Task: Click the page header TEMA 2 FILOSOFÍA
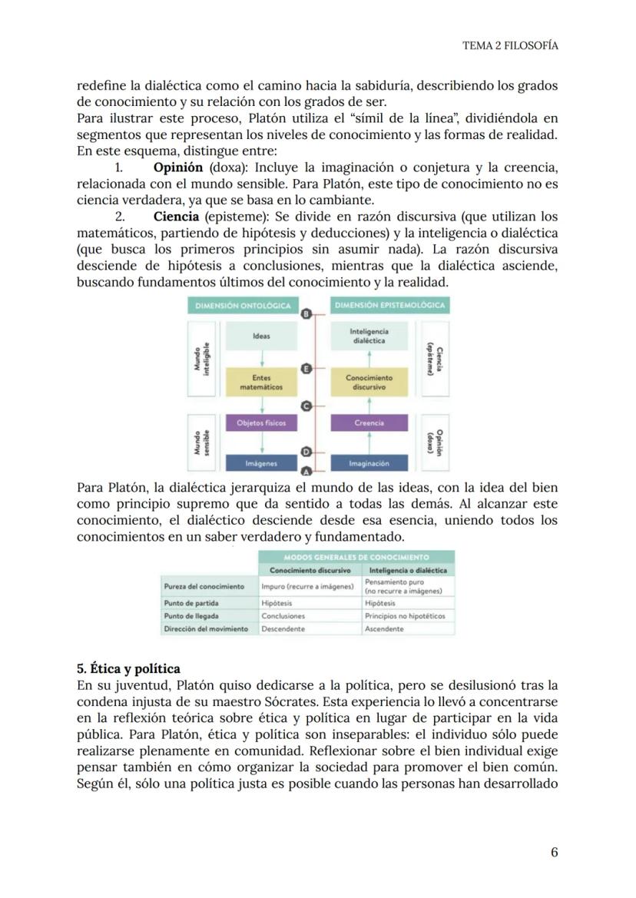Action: coord(510,45)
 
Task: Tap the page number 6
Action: coord(554,853)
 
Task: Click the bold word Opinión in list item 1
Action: coord(178,167)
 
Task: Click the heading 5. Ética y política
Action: coord(129,668)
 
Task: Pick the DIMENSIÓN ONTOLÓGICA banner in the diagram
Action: coord(243,306)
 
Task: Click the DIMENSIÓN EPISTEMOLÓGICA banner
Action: coord(390,306)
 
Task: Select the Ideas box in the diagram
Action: coord(261,336)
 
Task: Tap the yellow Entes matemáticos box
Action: coord(261,382)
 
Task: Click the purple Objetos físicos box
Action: coord(261,423)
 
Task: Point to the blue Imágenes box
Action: coord(261,463)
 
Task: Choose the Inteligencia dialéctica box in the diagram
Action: coord(369,336)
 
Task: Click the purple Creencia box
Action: coord(369,423)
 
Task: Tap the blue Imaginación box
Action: coord(369,463)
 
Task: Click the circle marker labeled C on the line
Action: coord(306,406)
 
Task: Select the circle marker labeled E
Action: coord(306,369)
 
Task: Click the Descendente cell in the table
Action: coord(283,628)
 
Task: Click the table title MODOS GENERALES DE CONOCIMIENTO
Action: coord(356,557)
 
